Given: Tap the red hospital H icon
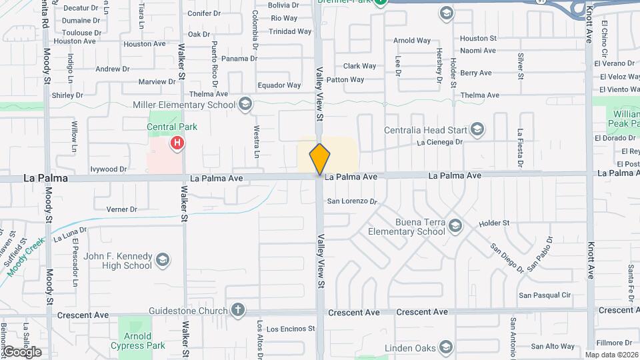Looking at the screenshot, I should [177, 142].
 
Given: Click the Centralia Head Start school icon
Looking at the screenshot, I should [476, 129].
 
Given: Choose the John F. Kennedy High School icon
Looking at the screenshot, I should [163, 260].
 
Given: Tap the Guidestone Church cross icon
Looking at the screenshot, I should [237, 310].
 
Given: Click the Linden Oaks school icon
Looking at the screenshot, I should [446, 347].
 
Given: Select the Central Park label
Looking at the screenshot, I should [172, 127].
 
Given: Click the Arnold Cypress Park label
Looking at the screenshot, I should [138, 341].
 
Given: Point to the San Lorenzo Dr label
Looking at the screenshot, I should [351, 201].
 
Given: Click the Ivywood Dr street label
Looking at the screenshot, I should [109, 169].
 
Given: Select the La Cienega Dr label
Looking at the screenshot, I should [439, 142].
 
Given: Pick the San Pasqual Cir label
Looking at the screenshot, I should [545, 295].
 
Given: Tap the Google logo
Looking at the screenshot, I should [21, 352].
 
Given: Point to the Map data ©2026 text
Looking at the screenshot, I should [611, 355].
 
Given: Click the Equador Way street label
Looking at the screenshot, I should [279, 85].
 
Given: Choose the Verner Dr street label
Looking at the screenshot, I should [121, 209].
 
